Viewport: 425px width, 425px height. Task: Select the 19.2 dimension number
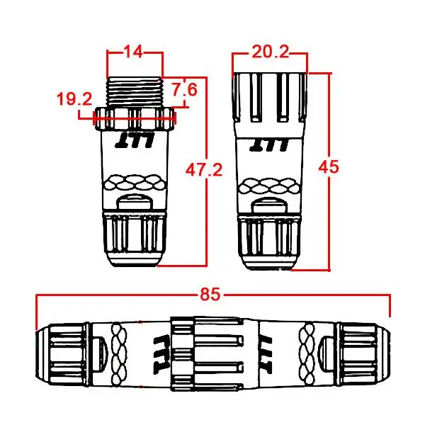click(74, 98)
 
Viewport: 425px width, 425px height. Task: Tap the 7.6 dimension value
click(184, 90)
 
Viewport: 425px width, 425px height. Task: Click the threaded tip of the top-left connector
click(135, 91)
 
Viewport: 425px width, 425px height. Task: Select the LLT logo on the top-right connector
click(267, 143)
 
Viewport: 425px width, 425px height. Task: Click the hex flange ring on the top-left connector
click(135, 118)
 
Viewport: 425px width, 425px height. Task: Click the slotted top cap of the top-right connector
click(267, 96)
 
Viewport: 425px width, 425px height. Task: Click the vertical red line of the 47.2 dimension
click(206, 212)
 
